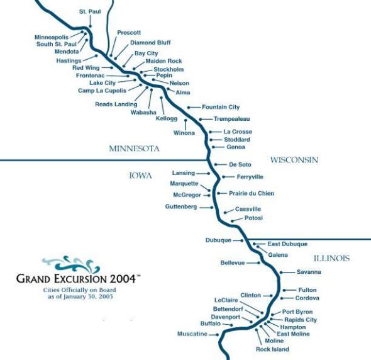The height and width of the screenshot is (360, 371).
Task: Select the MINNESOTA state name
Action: coord(135,149)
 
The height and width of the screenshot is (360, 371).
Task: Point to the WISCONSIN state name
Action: coord(294,160)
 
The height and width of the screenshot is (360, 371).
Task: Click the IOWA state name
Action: coord(140,176)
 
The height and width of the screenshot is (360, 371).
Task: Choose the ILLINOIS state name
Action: coord(331,258)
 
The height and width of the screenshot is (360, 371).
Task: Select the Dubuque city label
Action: coord(219,240)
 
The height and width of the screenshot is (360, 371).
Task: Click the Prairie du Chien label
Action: coord(252,193)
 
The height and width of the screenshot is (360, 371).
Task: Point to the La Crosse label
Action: coord(237,132)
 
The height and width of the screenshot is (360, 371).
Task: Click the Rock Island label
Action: coord(272,349)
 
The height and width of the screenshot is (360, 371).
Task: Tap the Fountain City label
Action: coord(221,107)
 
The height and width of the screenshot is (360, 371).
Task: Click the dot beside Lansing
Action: coord(208,172)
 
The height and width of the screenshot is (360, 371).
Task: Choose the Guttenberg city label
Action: coord(181,206)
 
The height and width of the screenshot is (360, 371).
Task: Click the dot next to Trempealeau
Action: coord(200,118)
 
